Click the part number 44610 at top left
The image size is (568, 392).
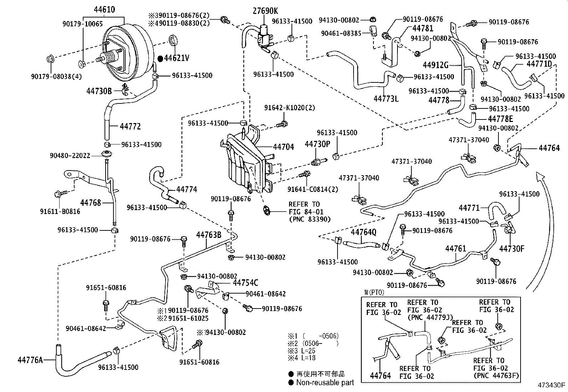click(104, 9)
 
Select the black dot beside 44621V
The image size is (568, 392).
click(160, 58)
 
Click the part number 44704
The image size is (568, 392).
click(283, 147)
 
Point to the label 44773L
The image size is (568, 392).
click(386, 98)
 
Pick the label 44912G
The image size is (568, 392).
click(435, 65)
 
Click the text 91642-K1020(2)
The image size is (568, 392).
click(290, 107)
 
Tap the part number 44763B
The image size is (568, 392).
click(209, 234)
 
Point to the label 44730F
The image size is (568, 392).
click(512, 248)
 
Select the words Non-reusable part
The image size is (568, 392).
click(325, 382)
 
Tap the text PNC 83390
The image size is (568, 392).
click(309, 219)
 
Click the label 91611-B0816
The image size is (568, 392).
click(60, 212)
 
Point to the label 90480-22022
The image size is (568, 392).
click(70, 156)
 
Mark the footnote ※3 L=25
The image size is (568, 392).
click(302, 351)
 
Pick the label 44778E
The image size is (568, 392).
click(500, 119)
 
